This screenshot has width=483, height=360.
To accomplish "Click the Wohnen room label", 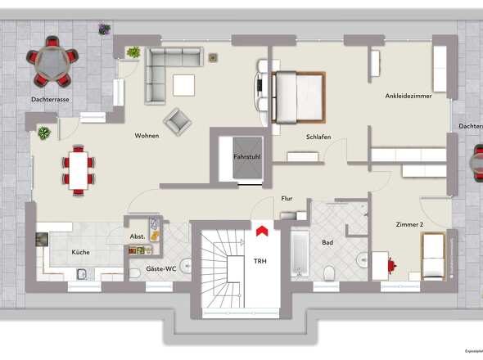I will [147, 136].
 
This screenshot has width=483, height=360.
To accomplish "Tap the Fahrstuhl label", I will [246, 155].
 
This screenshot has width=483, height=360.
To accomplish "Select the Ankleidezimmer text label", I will [408, 97].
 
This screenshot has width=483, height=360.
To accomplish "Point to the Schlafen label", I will [318, 137].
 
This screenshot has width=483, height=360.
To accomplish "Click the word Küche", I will [80, 252].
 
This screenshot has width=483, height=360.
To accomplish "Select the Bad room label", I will [327, 243].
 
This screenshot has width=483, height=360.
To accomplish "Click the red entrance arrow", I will [260, 232].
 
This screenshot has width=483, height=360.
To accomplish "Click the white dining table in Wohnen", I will [79, 169].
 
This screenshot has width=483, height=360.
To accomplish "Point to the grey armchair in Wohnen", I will [176, 121].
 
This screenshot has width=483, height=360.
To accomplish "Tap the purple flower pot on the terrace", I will [104, 29].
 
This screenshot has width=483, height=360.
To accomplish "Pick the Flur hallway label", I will [287, 198].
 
